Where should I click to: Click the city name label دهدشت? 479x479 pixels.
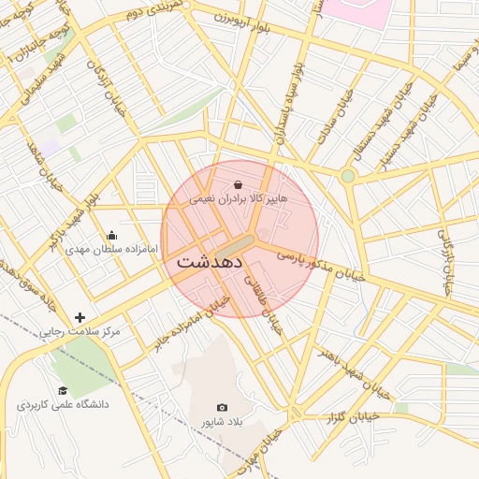coord(206,262)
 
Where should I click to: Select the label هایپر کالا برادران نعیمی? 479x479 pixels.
coord(239,199)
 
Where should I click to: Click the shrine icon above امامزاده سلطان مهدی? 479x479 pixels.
coord(112,235)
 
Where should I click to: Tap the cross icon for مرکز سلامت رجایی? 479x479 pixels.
coord(80,317)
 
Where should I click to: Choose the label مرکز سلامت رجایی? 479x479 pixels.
coord(80,332)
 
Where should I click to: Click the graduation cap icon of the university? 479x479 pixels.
coord(63,390)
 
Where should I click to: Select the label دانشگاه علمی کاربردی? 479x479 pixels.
coord(63,405)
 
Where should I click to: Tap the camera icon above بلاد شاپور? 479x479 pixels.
coord(222,407)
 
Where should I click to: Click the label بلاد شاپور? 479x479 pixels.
coord(222,422)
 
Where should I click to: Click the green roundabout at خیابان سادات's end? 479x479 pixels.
coord(348,176)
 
